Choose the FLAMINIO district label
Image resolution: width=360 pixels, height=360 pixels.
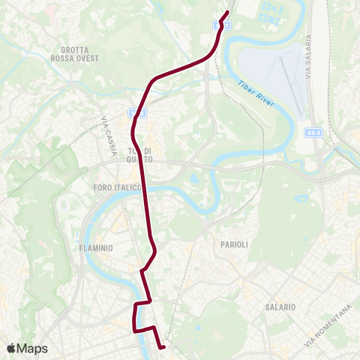95,247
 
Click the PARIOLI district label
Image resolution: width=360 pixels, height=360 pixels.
234,245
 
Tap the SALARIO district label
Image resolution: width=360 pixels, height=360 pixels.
280,307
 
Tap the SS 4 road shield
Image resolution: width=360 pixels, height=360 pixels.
313,132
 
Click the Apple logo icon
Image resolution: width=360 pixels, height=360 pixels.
13,348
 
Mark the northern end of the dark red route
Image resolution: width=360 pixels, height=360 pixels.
227,11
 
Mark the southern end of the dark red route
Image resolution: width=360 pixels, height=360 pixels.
163,346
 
